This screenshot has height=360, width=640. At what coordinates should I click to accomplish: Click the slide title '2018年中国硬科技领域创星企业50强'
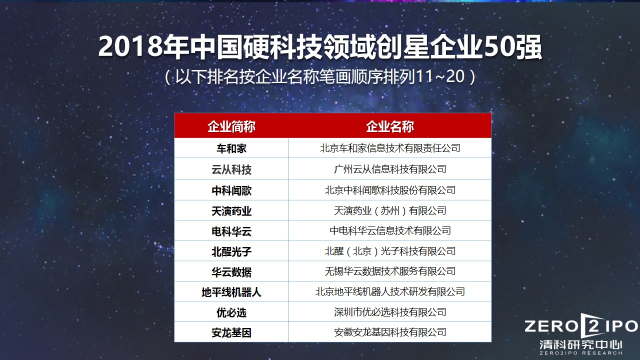point(320,47)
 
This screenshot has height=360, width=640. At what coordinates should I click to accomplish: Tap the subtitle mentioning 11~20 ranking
point(320,77)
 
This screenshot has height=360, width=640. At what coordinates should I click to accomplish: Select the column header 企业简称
point(231,126)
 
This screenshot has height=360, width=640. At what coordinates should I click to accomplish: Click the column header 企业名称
point(390,126)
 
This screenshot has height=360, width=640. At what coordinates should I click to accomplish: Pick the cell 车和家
point(231,149)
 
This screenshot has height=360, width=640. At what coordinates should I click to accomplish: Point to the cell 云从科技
point(231,170)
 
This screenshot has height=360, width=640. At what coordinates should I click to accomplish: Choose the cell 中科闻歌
point(231,190)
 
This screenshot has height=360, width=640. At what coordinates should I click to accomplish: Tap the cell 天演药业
point(231,211)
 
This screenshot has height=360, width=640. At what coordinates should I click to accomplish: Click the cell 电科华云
point(231,231)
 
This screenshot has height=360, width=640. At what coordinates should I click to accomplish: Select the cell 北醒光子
point(231,251)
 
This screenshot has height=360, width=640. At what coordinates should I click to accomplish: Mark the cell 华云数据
point(231,272)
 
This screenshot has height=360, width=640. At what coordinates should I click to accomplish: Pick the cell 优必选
point(231,312)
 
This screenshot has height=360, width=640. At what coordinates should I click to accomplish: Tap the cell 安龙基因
point(231,332)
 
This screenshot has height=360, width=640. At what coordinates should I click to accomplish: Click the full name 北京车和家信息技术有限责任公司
point(390,148)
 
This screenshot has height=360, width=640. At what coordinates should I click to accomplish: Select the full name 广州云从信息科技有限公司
point(390,169)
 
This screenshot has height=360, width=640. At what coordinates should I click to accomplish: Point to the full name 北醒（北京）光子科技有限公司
point(390,251)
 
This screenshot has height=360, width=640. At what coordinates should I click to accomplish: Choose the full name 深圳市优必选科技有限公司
point(390,312)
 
